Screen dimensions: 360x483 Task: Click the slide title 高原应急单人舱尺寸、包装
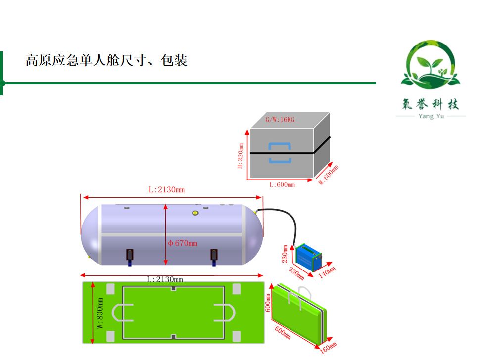[106, 61]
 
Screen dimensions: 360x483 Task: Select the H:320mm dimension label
[241, 156]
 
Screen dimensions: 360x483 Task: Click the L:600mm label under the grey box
[282, 185]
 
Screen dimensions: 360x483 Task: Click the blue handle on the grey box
[280, 153]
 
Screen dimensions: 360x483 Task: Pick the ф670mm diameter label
[182, 243]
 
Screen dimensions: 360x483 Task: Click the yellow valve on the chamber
[195, 213]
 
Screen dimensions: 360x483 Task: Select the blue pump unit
[308, 256]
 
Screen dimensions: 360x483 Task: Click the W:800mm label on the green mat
[100, 313]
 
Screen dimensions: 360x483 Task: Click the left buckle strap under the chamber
[130, 255]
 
